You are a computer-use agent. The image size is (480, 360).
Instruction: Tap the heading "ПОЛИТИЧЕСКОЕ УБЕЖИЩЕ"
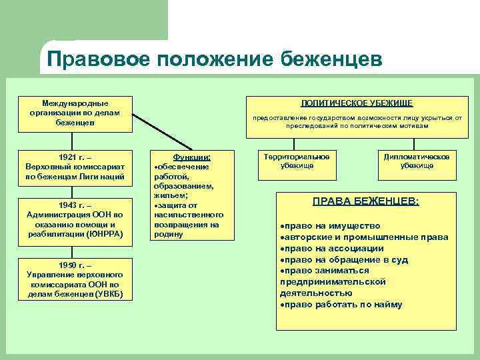357,103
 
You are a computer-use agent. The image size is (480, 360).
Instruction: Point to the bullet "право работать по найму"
343,305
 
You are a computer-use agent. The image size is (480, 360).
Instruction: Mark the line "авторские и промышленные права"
353,237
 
